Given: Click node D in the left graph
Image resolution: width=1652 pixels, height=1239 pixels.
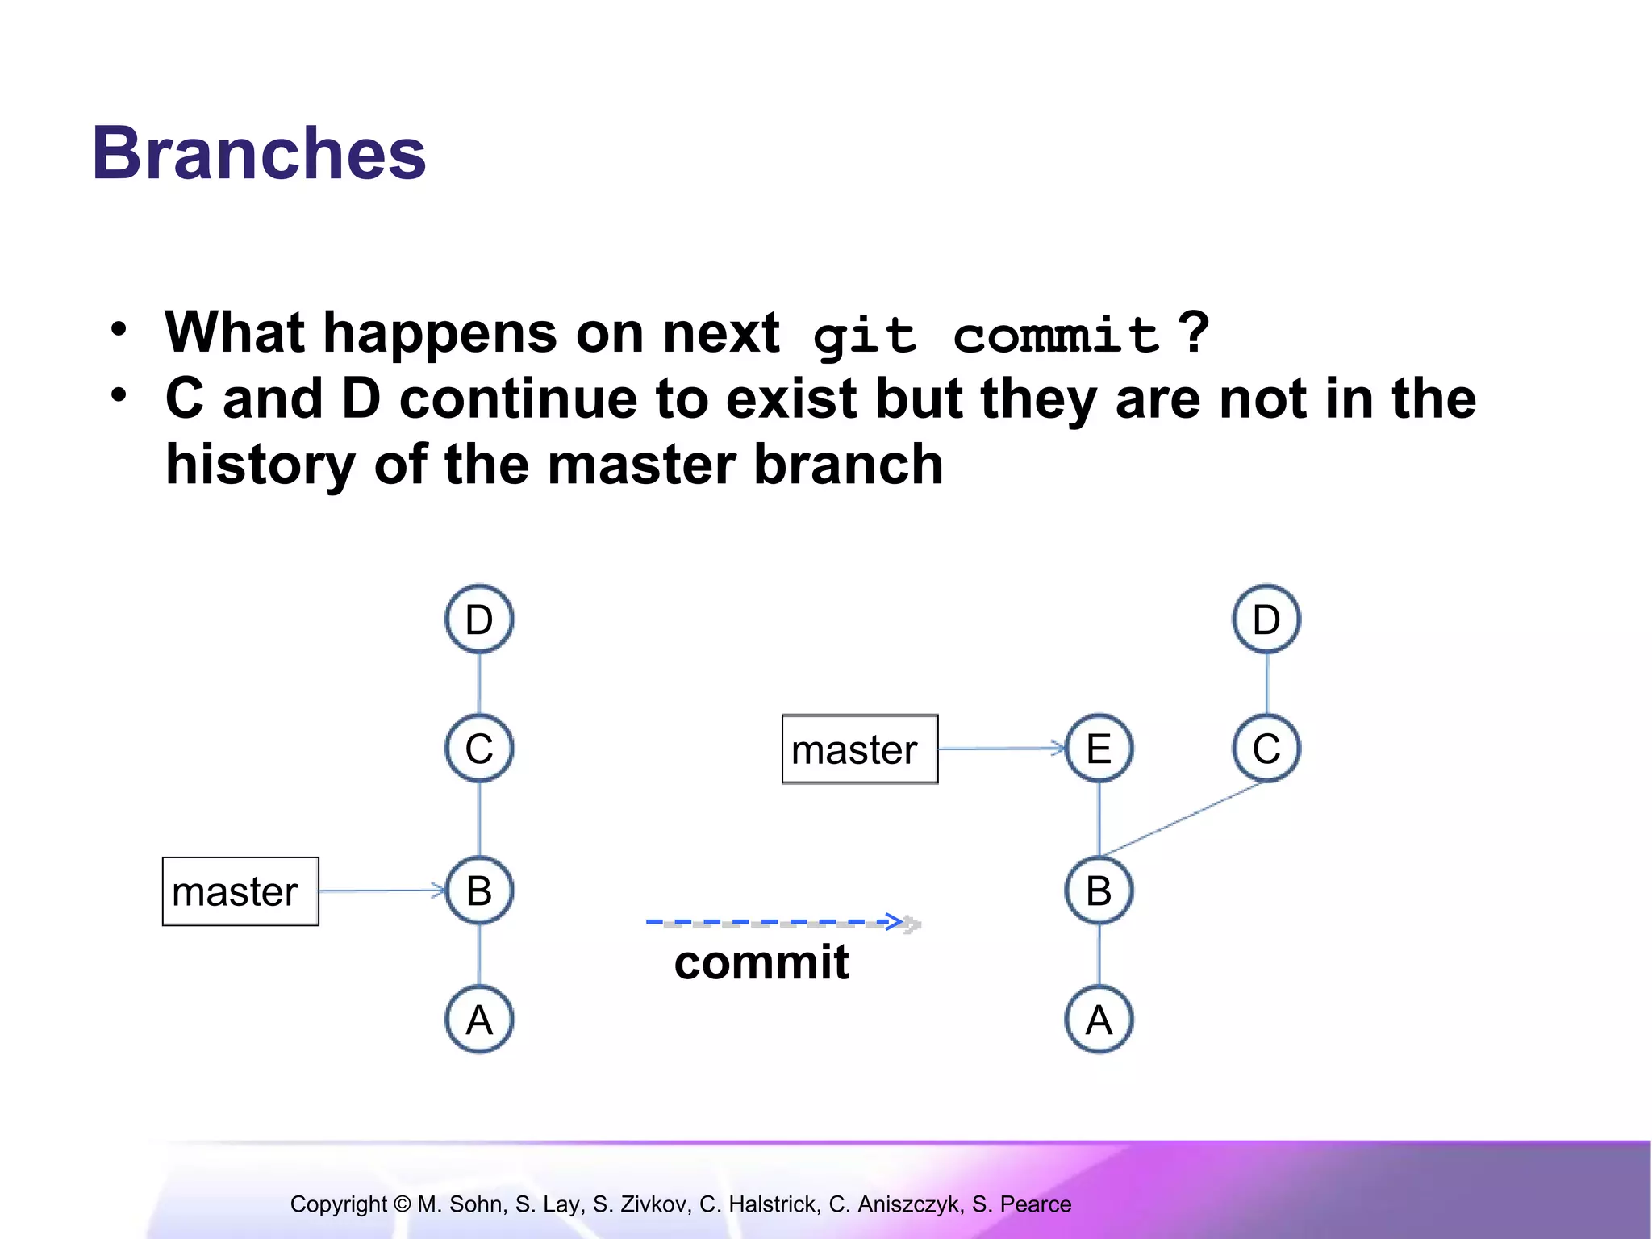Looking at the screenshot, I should point(479,619).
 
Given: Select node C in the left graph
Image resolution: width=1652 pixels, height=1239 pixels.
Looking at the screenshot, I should point(479,749).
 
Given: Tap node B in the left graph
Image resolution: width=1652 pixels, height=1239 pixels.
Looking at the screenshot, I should point(479,891).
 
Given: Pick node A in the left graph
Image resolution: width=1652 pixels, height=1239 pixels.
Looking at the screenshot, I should point(479,1020).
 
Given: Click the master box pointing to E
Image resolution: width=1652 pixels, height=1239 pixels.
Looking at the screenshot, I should point(860,749).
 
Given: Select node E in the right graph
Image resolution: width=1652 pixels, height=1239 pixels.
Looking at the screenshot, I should point(1099,749).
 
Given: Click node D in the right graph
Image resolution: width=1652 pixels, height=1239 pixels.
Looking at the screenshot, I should point(1266,619).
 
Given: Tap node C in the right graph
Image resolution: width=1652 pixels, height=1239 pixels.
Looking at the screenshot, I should point(1266,749).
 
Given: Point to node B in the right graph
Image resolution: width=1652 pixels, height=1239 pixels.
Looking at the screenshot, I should point(1099,891).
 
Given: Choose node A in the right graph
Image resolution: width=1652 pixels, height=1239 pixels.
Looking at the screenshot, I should point(1099,1020).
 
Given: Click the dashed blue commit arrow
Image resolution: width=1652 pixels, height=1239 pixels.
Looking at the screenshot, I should point(774,921).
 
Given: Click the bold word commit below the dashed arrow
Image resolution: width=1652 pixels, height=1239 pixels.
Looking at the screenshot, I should point(761,962).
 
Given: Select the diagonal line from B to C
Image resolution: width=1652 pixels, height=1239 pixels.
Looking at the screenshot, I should point(1183,819).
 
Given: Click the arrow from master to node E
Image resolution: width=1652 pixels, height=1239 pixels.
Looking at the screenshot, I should point(1000,749).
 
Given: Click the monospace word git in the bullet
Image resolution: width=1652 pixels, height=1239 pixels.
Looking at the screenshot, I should point(865,335).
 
